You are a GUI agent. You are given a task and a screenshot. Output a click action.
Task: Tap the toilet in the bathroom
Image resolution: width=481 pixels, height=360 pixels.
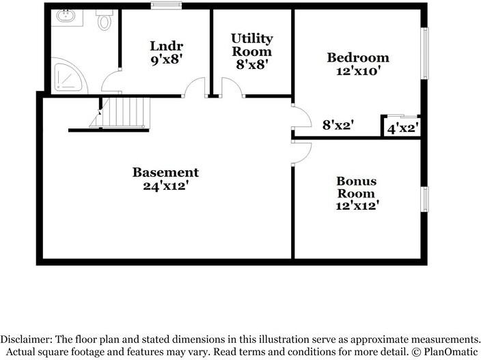[x=105, y=21]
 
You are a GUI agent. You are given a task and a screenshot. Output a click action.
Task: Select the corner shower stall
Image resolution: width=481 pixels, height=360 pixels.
[x=70, y=77]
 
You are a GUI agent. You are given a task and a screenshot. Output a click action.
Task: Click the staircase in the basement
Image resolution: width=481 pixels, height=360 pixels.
[x=123, y=111]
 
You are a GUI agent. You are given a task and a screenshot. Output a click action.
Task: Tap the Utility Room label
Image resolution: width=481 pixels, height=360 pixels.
[x=251, y=44]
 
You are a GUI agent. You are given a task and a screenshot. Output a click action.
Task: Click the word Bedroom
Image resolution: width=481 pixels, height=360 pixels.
[x=358, y=57]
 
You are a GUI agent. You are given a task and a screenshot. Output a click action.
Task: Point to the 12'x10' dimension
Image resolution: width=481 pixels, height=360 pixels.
[x=358, y=70]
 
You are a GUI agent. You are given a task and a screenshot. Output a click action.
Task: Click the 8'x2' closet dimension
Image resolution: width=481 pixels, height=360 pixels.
[x=338, y=125]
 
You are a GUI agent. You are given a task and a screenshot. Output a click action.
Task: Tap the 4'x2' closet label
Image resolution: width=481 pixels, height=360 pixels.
[x=402, y=128]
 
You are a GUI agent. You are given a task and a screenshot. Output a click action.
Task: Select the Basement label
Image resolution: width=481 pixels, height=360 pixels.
[x=165, y=172]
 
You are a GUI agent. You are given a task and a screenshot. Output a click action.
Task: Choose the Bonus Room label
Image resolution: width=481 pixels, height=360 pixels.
[x=356, y=187]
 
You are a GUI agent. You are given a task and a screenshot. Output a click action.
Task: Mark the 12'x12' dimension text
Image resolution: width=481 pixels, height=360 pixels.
[x=356, y=204]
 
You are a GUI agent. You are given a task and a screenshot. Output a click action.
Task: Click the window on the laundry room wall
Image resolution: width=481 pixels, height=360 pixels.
[x=164, y=6]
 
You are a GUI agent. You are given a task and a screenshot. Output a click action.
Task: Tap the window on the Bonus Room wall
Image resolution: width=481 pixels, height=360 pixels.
[x=424, y=199]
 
